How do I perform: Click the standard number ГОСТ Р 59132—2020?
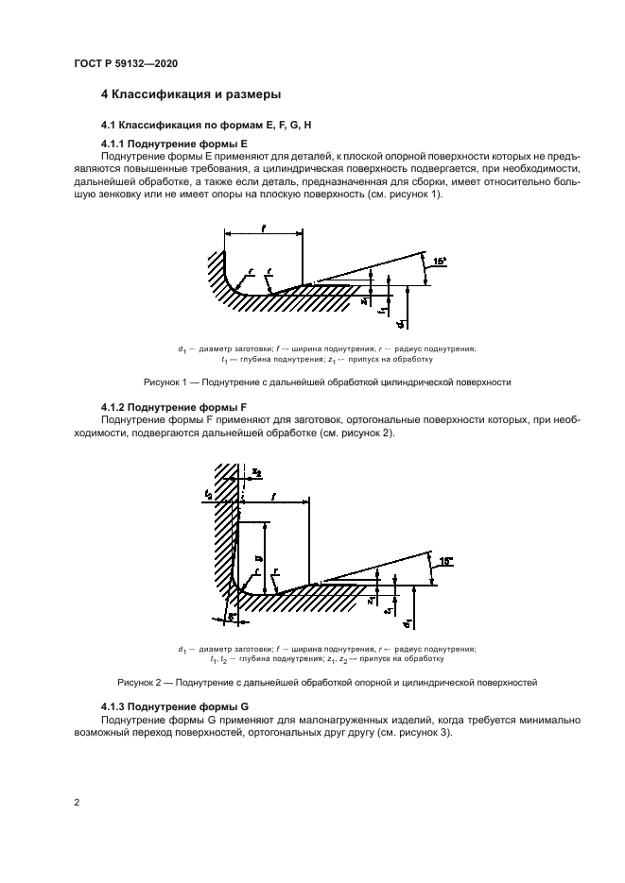125,63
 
